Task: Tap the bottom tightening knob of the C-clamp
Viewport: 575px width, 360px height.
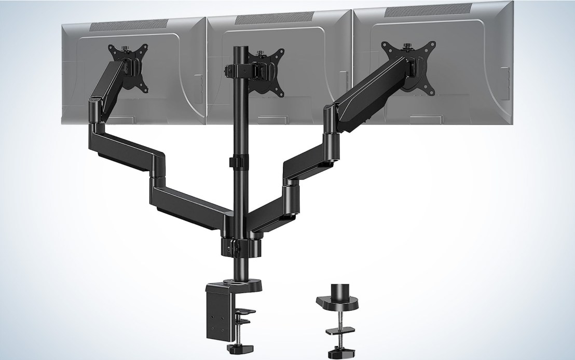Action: tap(227, 347)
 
